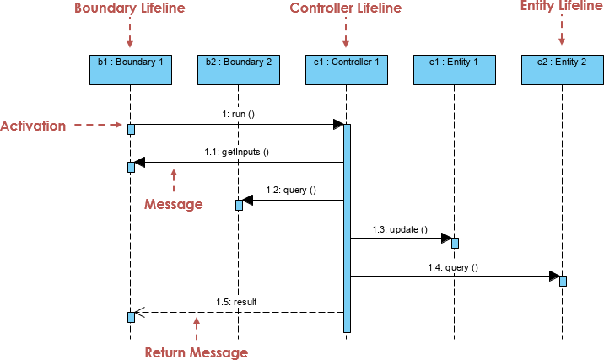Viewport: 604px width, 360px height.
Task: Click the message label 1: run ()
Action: point(238,113)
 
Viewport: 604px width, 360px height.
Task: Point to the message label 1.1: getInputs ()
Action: point(236,152)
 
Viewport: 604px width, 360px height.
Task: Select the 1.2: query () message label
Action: point(291,190)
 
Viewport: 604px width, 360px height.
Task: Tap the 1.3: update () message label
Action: point(400,228)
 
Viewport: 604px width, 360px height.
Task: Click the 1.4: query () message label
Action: point(453,267)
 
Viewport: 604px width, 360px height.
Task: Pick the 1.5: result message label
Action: point(236,301)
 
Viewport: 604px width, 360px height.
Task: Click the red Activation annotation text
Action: point(33,126)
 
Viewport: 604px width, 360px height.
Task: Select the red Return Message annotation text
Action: point(197,352)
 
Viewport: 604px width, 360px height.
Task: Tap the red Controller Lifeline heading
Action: point(346,8)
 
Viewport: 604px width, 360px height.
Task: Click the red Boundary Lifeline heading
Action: point(129,8)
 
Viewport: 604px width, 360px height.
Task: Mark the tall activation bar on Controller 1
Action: point(347,228)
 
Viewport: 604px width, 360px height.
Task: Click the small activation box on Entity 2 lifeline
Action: point(563,281)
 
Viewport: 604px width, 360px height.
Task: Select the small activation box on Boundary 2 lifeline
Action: point(239,205)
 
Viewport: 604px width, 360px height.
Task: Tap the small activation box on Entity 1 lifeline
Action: point(455,243)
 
